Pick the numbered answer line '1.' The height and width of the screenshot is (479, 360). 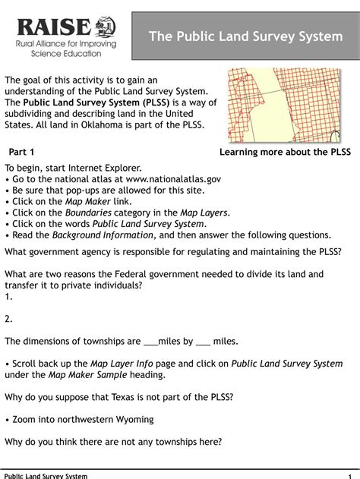tap(9, 298)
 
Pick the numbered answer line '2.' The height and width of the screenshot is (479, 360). tap(9, 320)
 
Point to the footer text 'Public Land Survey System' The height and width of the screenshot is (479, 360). tap(46, 475)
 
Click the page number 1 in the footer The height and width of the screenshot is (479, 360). tap(348, 475)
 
